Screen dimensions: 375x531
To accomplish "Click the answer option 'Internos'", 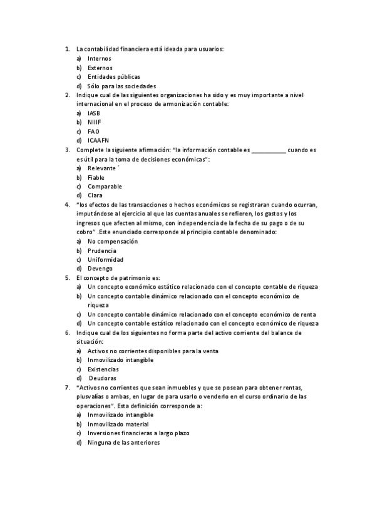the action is (x=99, y=58).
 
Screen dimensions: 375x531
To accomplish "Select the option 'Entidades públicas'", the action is (x=114, y=76).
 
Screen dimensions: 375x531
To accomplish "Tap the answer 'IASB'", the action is (x=94, y=113).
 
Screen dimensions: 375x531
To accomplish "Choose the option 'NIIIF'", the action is (x=95, y=122).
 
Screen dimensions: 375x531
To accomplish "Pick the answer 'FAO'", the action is (x=93, y=131).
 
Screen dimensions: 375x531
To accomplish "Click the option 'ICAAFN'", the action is (x=98, y=141).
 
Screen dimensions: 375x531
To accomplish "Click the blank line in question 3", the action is (x=269, y=151).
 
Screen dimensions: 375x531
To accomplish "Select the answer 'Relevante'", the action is (x=102, y=168).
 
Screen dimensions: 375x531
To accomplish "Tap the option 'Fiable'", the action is (x=96, y=177).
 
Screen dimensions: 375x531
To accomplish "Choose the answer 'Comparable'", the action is (x=105, y=187).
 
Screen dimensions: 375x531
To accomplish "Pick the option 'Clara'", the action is (x=95, y=195).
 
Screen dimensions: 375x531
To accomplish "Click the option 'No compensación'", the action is (x=113, y=241).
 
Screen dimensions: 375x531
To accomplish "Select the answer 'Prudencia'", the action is (x=101, y=250).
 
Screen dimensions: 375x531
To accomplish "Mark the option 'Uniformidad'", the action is (x=105, y=259).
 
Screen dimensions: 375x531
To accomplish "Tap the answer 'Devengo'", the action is (x=100, y=269).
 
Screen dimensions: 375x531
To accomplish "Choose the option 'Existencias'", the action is (x=103, y=369).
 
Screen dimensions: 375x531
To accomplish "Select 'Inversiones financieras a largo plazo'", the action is (x=138, y=433).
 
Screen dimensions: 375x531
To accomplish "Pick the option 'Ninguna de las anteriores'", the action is (x=124, y=442).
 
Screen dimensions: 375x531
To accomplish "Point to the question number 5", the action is (x=68, y=277).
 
